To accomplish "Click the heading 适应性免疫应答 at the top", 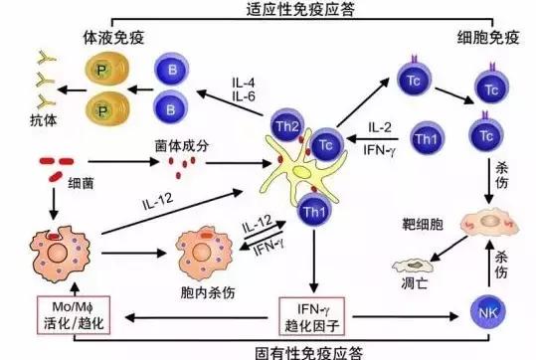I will click(x=269, y=12).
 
